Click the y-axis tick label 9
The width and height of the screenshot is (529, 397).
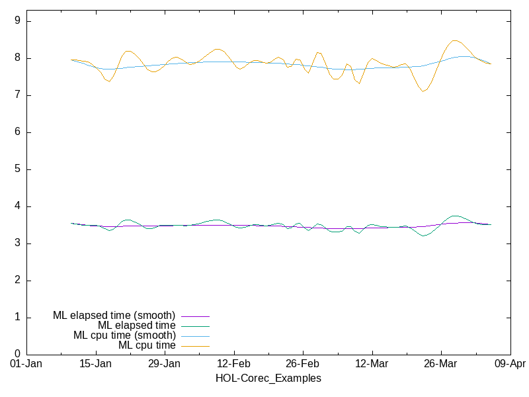coord(18,21)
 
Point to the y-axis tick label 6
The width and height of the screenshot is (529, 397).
coord(18,132)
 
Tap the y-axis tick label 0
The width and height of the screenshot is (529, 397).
coord(18,355)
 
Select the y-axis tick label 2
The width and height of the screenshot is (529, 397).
coord(18,281)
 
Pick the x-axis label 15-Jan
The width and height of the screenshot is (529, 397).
coord(95,364)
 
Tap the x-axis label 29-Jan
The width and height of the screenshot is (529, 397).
coord(164,364)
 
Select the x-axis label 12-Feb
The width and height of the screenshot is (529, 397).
coord(233,364)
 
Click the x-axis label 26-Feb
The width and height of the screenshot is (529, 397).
coord(303,364)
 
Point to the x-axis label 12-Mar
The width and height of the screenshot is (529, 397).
coord(372,364)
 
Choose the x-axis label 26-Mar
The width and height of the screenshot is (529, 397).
coord(440,364)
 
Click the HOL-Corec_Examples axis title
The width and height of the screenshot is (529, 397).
coord(268,378)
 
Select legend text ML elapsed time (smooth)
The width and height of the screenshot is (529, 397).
coord(114,316)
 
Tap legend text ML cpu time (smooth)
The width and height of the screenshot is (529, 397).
coord(124,335)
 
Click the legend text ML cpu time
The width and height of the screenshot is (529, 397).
coord(147,345)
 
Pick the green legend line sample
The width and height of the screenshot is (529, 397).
coord(195,326)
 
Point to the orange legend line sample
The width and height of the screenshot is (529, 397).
coord(195,346)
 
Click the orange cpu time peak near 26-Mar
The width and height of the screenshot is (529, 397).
coord(455,40)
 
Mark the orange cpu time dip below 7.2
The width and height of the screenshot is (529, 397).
coord(423,91)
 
